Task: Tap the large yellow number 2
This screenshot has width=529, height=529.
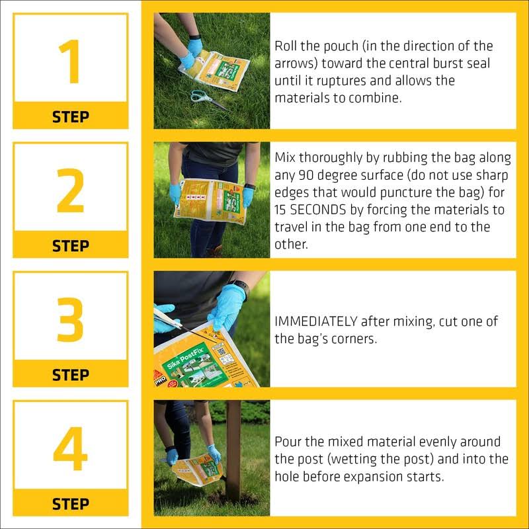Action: [x=71, y=190]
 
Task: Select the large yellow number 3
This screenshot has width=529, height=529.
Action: [x=70, y=319]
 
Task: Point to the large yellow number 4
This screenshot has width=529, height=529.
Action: [x=70, y=448]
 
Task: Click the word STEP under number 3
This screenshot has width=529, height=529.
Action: [x=71, y=375]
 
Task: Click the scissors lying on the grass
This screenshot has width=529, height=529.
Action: [x=208, y=100]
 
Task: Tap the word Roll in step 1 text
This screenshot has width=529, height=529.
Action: [x=286, y=46]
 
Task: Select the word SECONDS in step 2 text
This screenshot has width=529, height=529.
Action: [x=318, y=210]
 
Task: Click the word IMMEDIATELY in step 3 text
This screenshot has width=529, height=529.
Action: [x=316, y=321]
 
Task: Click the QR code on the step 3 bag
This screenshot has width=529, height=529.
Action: [x=222, y=352]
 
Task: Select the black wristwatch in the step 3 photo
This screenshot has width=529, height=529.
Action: [x=241, y=287]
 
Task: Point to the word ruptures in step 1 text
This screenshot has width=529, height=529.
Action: [x=341, y=81]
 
